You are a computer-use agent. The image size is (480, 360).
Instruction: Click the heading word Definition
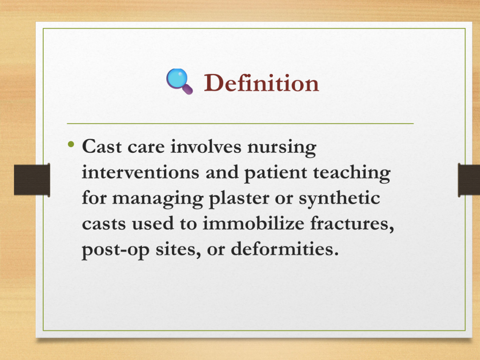pos(262,82)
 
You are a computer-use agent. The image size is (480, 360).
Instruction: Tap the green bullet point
pos(71,144)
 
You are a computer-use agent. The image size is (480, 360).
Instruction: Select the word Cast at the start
pos(102,146)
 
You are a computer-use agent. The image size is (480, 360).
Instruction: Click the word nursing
pos(282,148)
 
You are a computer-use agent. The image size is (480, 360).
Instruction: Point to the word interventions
pos(140,172)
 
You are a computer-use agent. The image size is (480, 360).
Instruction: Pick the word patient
pos(275,173)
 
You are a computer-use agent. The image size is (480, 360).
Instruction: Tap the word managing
pos(157,199)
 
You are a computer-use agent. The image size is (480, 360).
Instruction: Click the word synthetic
pos(339,199)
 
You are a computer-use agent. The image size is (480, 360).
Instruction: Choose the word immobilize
pos(253,223)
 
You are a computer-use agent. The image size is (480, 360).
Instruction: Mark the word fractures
pos(352,224)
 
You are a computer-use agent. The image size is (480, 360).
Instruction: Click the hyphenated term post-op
pos(115,250)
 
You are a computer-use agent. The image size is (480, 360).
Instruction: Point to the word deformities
pos(285,248)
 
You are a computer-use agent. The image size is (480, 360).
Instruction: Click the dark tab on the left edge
pos(32,180)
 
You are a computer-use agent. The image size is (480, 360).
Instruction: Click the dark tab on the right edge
pos(469,180)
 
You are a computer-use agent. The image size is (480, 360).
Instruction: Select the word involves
pos(206,146)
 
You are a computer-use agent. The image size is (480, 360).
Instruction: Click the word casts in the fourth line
pos(104,224)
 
